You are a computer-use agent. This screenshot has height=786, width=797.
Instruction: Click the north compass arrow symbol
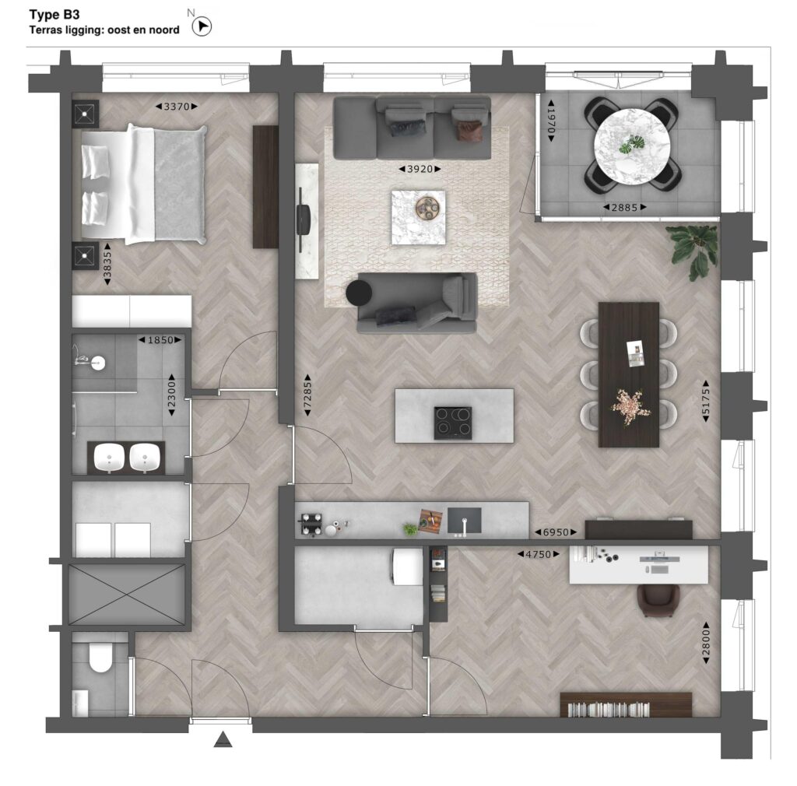202,27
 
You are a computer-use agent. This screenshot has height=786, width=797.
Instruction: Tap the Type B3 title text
54,14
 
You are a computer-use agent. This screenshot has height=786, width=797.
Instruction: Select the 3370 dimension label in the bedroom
177,107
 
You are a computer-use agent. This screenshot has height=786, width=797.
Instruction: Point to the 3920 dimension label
420,169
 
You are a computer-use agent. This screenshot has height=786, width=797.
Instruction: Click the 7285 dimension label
307,395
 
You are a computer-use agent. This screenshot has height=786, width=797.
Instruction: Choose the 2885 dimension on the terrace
625,207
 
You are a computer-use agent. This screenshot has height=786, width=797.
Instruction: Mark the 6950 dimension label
556,532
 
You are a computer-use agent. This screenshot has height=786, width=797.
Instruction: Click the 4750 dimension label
539,554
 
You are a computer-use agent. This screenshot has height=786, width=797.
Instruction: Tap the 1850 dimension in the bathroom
160,340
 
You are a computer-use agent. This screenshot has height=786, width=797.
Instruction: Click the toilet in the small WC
100,658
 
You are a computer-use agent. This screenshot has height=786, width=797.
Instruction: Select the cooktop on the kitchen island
453,423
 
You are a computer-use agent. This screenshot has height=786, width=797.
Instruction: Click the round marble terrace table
632,146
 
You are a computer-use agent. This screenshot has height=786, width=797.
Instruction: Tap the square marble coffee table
418,217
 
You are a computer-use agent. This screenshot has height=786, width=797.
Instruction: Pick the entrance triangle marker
223,740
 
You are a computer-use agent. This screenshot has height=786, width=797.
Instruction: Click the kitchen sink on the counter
464,521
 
